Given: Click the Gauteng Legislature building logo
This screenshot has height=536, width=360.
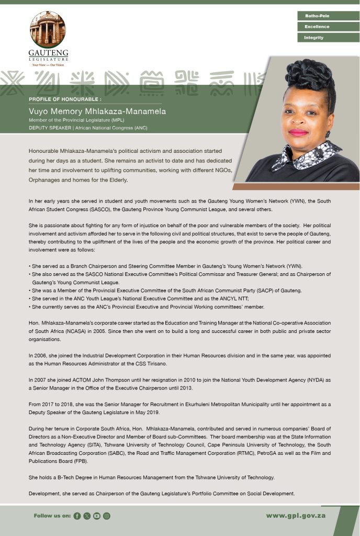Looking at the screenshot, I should pos(48,29).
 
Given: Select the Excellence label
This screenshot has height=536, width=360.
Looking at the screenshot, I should pos(317,27).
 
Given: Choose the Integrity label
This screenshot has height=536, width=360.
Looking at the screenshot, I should pos(314,38).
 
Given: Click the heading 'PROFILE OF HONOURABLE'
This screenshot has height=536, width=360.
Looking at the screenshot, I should pos(65,99).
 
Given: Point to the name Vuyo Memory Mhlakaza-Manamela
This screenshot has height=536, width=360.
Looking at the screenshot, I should pos(97,111).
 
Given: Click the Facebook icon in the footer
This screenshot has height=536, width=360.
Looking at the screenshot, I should pos(77,516).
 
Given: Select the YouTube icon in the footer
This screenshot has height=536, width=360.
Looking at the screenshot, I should pos(97,516).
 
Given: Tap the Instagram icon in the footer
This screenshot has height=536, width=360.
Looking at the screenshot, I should pos(107,516).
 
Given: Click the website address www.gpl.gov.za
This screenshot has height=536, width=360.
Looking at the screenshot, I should pos(296,516).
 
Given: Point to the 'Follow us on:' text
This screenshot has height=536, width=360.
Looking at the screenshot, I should pos(52,516).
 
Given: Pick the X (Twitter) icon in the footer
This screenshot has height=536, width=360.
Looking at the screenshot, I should pos(87,516).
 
